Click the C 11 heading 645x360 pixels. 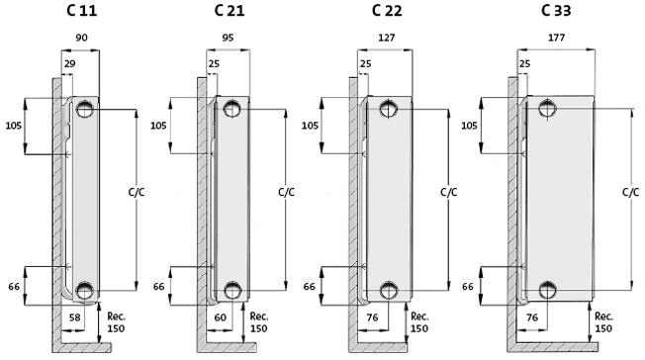81,10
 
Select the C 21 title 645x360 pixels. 230,10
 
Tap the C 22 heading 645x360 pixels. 387,10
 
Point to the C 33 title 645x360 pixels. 556,10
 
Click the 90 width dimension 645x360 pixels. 81,38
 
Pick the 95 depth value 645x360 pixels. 228,38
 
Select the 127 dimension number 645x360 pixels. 386,38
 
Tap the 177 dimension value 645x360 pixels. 556,38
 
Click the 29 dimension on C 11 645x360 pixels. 69,63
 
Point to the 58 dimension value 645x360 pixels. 74,317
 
